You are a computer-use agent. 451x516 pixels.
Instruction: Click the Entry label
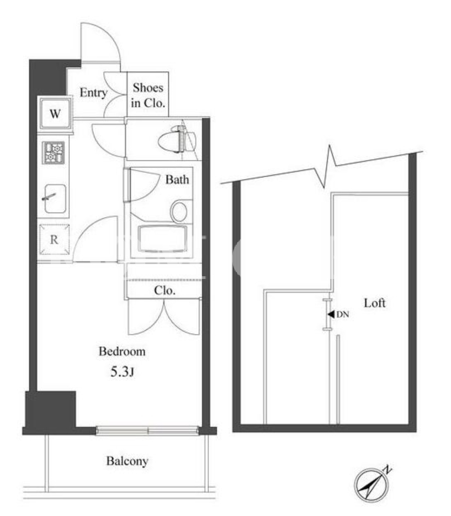tap(94, 93)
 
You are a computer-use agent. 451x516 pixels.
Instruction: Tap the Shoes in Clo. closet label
tap(148, 96)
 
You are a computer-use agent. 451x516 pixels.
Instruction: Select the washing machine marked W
tap(55, 114)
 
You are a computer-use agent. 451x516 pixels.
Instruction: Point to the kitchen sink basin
tap(55, 199)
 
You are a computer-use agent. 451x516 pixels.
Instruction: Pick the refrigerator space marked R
tap(54, 240)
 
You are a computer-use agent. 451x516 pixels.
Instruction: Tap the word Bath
tap(177, 180)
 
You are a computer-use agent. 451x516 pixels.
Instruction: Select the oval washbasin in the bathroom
tap(179, 211)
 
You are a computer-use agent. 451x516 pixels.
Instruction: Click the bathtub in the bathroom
tap(163, 239)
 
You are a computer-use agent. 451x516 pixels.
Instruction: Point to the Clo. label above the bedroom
tap(165, 290)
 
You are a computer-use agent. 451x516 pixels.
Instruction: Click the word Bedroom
tap(122, 351)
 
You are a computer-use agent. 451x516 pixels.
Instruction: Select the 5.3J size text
tap(122, 372)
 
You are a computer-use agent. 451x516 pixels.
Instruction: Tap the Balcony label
tap(127, 461)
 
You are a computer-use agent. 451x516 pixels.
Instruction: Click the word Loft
tap(375, 303)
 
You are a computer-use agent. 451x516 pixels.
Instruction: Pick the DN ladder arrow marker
tap(338, 314)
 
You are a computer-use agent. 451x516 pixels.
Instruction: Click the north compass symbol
tap(373, 482)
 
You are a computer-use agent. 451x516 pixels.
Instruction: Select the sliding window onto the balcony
tap(147, 430)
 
